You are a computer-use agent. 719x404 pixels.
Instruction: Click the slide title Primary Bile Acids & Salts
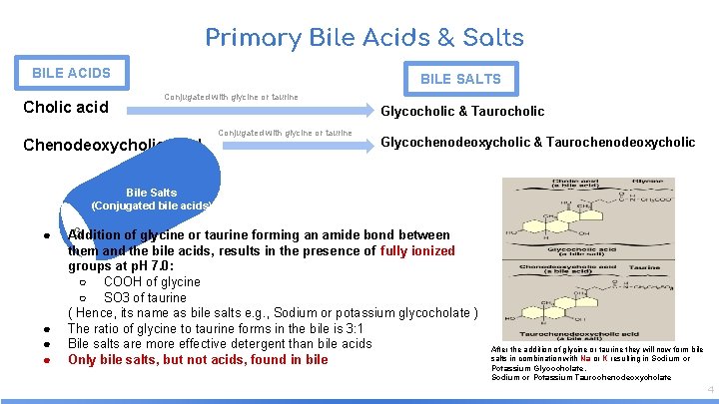pyautogui.click(x=364, y=38)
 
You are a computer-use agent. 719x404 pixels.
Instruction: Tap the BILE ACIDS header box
pyautogui.click(x=71, y=73)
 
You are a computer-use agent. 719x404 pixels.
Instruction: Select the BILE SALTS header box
pyautogui.click(x=460, y=79)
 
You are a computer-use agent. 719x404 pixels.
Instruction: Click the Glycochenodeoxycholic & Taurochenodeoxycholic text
pyautogui.click(x=538, y=142)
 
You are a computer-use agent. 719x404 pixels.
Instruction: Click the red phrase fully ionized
pyautogui.click(x=416, y=251)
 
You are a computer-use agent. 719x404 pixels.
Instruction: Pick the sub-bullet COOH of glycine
pyautogui.click(x=152, y=282)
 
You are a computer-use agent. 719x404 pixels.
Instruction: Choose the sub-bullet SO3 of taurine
pyautogui.click(x=145, y=297)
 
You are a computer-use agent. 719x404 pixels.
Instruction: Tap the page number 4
pyautogui.click(x=710, y=389)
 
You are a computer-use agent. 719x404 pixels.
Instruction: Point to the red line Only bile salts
pyautogui.click(x=198, y=359)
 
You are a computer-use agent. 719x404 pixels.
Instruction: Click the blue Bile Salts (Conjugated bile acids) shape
pyautogui.click(x=150, y=199)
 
